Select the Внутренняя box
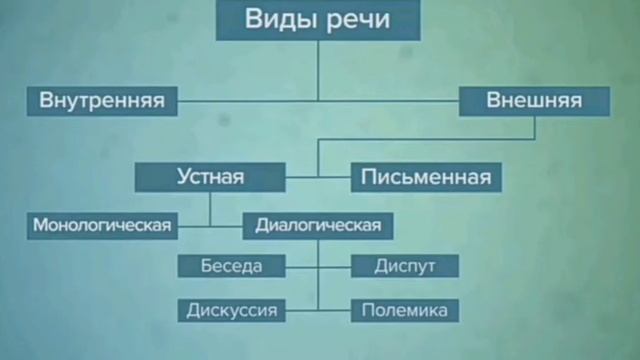click(x=101, y=100)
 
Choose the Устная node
click(x=210, y=177)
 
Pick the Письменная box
click(x=426, y=177)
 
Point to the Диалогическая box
click(x=318, y=225)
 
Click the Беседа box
click(x=232, y=266)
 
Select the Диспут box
click(x=404, y=266)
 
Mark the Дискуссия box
click(x=232, y=310)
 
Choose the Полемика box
click(x=405, y=310)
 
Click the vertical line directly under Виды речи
click(x=318, y=70)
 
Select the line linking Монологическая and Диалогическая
click(x=226, y=225)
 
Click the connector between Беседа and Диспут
click(x=318, y=266)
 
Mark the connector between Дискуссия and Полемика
click(x=318, y=310)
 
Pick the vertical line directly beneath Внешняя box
click(x=534, y=128)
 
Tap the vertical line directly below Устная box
click(x=210, y=207)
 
